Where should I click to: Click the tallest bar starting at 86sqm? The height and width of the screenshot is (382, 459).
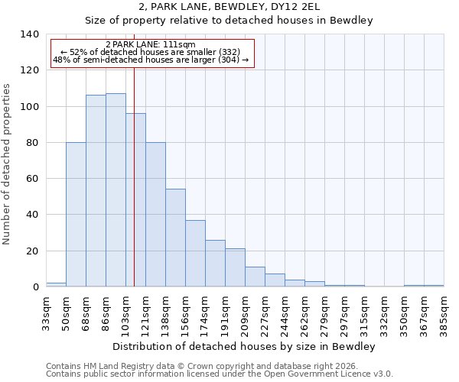point(116,190)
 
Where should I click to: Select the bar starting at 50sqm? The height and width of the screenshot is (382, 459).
point(76,214)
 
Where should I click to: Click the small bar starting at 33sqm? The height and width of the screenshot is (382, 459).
point(56,284)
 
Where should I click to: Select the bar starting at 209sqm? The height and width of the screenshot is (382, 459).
point(255,277)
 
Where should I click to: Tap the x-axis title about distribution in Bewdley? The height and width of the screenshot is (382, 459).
point(243,347)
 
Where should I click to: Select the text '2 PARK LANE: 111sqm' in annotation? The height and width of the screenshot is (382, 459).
point(151,44)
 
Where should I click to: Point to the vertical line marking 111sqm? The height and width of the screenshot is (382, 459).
point(134,191)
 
